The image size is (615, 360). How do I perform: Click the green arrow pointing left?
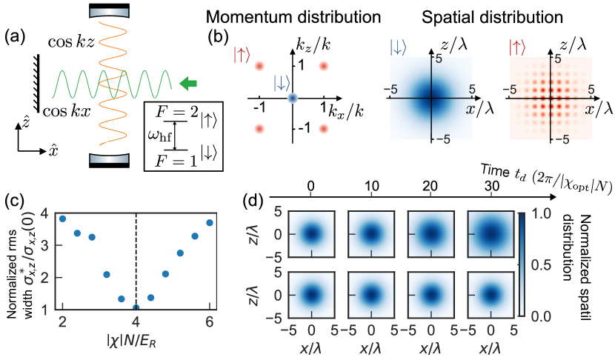pyautogui.click(x=188, y=84)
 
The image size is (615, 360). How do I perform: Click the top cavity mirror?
pyautogui.click(x=109, y=13)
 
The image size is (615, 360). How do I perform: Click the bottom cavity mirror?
pyautogui.click(x=109, y=158)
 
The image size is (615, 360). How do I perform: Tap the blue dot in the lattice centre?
pyautogui.click(x=292, y=97)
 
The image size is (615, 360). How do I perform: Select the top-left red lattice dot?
pyautogui.click(x=259, y=66)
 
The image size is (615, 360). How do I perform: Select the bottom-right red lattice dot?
pyautogui.click(x=323, y=129)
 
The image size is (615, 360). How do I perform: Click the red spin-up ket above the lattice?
pyautogui.click(x=242, y=54)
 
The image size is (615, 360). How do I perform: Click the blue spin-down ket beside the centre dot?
pyautogui.click(x=282, y=81)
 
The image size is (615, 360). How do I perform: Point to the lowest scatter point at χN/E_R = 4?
pyautogui.click(x=136, y=307)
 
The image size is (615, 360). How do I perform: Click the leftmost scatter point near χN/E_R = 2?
pyautogui.click(x=62, y=219)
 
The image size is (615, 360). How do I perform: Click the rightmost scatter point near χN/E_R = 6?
pyautogui.click(x=210, y=222)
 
